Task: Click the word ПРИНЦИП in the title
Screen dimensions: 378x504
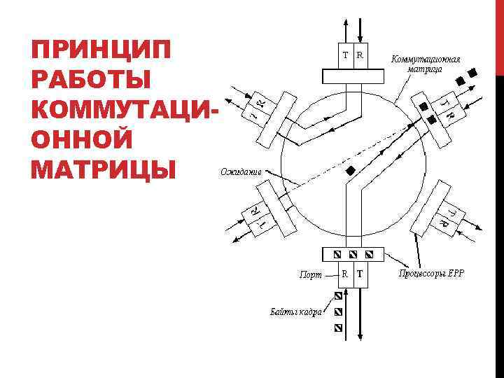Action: [101, 52]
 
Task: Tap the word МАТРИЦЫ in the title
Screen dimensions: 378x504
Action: [102, 169]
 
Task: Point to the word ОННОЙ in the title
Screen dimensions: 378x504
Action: [82, 140]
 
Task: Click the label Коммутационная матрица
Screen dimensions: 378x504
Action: [425, 64]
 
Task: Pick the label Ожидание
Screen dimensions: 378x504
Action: [241, 171]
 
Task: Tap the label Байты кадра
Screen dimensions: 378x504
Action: [296, 311]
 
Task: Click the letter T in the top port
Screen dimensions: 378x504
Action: [346, 54]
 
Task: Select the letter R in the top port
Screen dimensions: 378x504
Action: [360, 54]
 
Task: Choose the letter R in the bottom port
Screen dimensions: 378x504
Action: [345, 274]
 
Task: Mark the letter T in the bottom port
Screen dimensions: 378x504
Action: [360, 274]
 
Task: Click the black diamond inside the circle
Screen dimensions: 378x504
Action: [351, 171]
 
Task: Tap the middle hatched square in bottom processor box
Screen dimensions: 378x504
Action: [353, 253]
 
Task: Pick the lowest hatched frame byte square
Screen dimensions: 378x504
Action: [339, 328]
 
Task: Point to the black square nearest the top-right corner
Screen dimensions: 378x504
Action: [473, 71]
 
